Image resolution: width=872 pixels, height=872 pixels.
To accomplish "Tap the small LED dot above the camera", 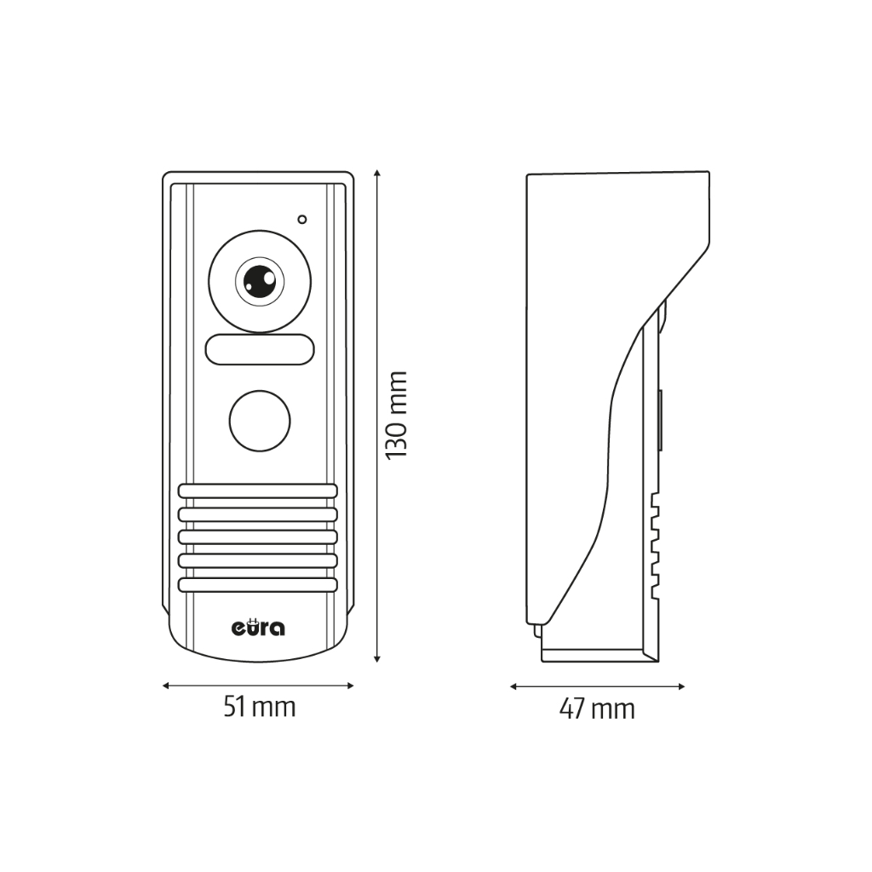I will pos(302,220).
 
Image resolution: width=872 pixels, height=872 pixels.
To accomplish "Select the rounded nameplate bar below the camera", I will pos(260,349).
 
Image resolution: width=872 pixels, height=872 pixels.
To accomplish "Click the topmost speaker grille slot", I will pos(258,491).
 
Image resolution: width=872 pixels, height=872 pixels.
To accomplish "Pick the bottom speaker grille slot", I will pos(258,585).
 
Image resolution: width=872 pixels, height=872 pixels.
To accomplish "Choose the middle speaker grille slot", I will pos(258,538).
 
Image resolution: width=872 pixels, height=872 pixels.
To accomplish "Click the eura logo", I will pos(259,628).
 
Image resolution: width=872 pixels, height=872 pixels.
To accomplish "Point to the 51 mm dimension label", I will pos(259,706).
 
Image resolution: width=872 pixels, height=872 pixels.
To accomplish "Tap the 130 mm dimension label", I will pos(396,415).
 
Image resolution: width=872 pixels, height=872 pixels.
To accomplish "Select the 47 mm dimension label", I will pos(597,708).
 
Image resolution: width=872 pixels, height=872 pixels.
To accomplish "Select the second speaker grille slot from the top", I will pos(258,515).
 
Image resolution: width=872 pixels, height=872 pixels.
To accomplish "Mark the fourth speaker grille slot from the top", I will pos(258,562).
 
